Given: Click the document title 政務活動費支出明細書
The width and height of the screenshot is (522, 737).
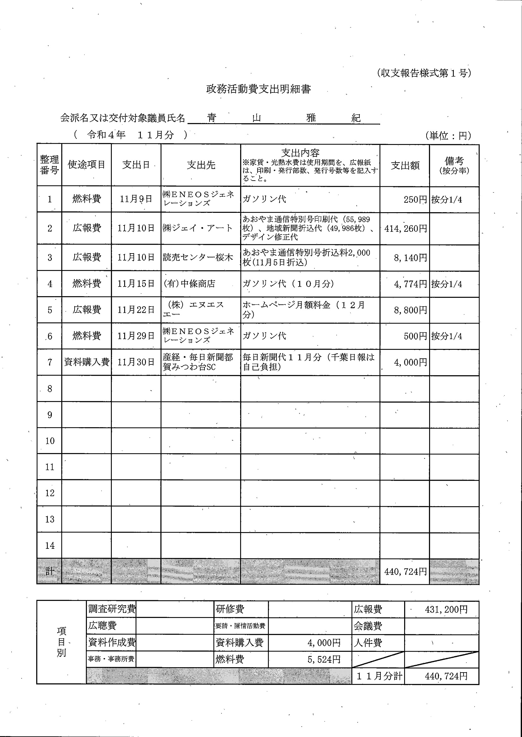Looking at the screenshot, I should [x=258, y=89].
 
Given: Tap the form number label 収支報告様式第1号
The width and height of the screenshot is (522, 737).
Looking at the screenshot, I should [x=424, y=73].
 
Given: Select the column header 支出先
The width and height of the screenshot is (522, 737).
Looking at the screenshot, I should [x=201, y=165].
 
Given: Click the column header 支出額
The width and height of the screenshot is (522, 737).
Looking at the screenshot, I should [x=405, y=165].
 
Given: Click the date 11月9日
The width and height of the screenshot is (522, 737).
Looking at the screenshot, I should [x=136, y=199].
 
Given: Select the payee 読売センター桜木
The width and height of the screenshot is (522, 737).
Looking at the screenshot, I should [x=198, y=258].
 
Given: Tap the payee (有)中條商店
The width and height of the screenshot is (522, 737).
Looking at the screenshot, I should [x=189, y=284].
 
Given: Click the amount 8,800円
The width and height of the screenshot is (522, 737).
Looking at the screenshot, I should [x=410, y=310].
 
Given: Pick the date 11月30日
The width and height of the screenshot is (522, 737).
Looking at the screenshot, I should [x=136, y=363].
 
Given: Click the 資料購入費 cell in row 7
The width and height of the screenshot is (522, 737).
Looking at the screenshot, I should [x=87, y=362].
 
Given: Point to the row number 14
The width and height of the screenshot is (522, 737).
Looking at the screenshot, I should [x=50, y=546].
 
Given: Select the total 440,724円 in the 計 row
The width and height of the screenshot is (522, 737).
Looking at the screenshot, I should [x=405, y=572].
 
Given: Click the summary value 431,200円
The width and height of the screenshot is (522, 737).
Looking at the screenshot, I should [x=446, y=609].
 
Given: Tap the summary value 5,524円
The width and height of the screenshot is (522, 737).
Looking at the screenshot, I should [x=324, y=659].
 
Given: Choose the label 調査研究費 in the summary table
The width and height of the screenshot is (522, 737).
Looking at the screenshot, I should [x=112, y=609].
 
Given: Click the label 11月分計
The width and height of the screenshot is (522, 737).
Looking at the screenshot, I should [x=379, y=676].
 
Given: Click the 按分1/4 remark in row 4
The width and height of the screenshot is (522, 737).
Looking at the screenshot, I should [x=447, y=284].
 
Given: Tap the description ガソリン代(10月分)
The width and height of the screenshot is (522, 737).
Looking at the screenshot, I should [x=288, y=284].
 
